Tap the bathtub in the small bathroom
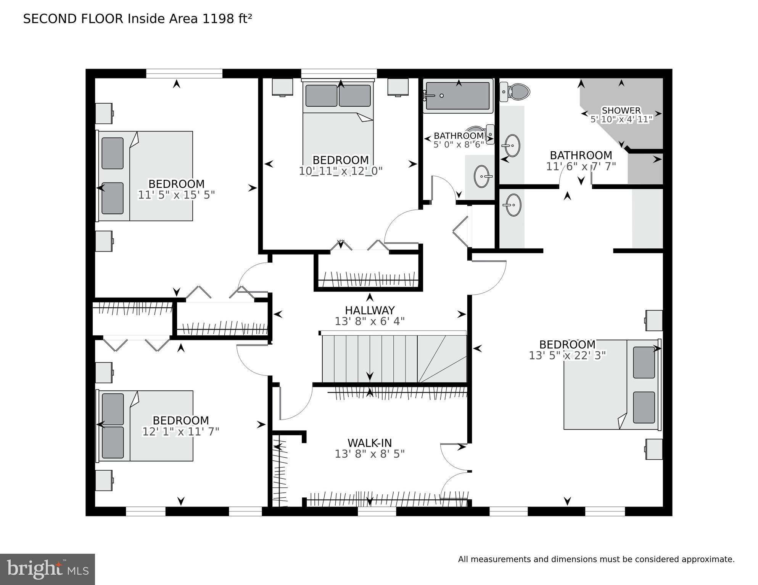click(x=458, y=96)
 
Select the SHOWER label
click(x=621, y=111)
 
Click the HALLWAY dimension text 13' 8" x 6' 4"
click(x=369, y=322)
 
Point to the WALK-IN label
click(x=369, y=443)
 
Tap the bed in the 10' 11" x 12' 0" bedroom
click(x=338, y=122)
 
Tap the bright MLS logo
click(x=47, y=569)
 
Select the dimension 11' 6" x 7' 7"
click(x=581, y=167)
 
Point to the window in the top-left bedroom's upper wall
click(x=184, y=74)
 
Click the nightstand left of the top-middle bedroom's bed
click(x=282, y=87)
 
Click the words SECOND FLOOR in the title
click(x=73, y=19)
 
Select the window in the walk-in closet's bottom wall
click(x=377, y=511)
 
